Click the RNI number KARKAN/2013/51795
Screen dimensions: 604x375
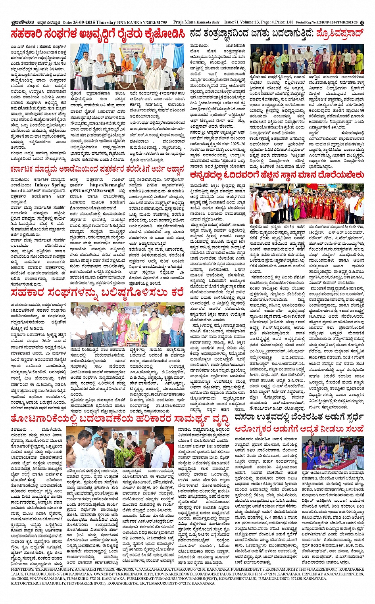click(x=144, y=23)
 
